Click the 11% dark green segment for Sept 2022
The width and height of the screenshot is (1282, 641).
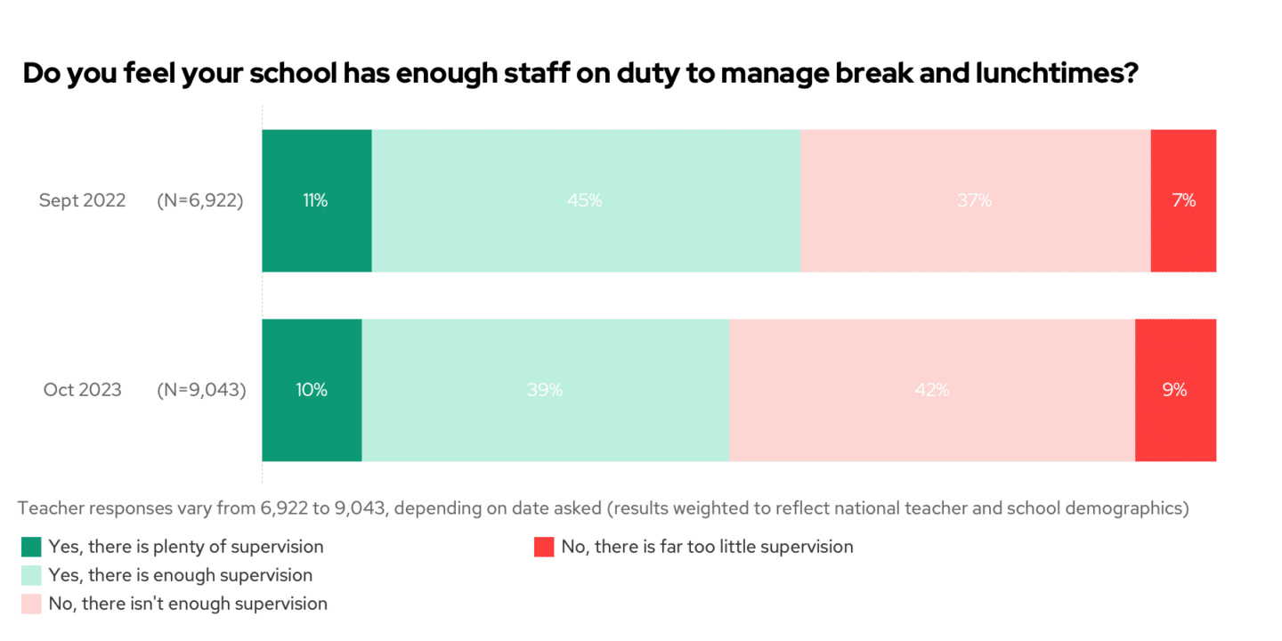pos(316,200)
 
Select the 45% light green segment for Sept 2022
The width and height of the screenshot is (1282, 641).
pos(586,200)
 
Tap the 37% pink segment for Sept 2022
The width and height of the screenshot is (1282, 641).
pos(975,200)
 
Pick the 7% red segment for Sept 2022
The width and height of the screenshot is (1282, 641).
pos(1183,200)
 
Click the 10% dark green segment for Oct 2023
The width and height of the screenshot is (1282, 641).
pos(312,390)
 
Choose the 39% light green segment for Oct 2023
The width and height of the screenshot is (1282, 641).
pos(545,390)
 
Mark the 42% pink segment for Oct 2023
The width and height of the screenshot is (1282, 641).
pos(931,390)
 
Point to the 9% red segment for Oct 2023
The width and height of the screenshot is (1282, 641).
pos(1175,390)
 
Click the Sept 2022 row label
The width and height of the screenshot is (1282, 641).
pos(82,200)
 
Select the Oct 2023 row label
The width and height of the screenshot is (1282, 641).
pos(82,390)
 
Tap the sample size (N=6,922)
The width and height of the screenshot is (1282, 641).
pos(200,200)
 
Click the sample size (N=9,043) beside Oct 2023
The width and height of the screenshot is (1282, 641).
pos(201,390)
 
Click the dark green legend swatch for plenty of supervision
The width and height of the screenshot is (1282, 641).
pos(31,547)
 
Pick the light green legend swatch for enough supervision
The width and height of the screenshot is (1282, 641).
pos(31,575)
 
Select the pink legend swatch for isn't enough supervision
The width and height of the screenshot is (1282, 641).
pos(31,604)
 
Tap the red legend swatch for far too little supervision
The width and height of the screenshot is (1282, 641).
pos(544,547)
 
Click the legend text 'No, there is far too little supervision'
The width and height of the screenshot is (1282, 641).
pos(707,547)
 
